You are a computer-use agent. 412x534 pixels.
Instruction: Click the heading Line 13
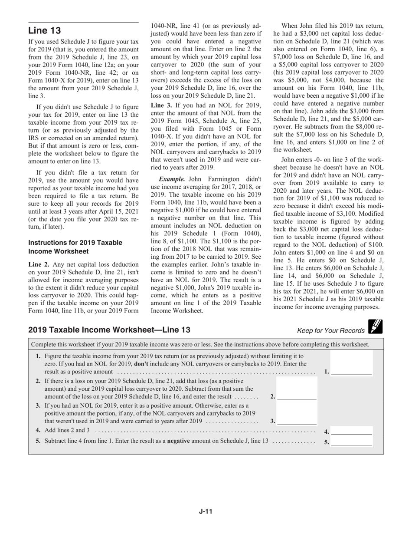click(45, 31)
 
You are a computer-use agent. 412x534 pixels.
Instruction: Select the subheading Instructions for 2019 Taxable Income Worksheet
click(75, 247)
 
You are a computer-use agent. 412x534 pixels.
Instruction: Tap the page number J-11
click(206, 511)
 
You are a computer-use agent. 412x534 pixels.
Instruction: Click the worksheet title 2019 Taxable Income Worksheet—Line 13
click(109, 330)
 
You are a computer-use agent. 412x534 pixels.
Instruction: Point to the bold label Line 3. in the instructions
click(161, 105)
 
